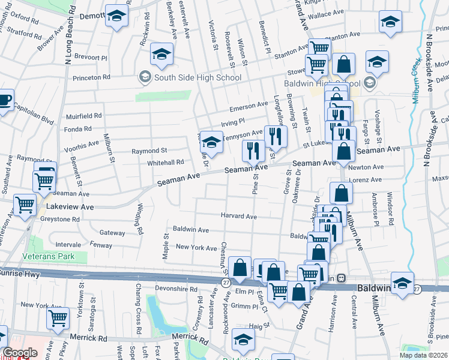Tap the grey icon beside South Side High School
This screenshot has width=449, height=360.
[x=145, y=77]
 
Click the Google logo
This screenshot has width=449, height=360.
[x=20, y=352]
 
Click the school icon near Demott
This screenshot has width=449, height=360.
[x=117, y=16]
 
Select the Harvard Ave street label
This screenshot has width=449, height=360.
[x=239, y=216]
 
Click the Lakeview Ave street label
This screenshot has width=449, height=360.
[x=71, y=206]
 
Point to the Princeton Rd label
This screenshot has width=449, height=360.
[x=91, y=77]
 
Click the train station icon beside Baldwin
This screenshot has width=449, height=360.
[x=341, y=278]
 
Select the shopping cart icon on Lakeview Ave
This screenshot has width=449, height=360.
[x=25, y=205]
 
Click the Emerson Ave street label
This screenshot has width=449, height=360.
[x=250, y=106]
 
